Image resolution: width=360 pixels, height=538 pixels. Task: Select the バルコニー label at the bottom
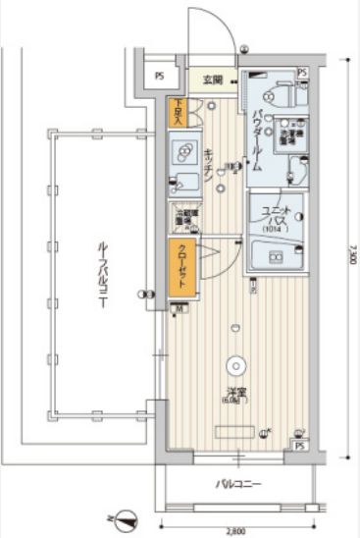pyautogui.click(x=237, y=484)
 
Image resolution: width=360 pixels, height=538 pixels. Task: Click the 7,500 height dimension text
pyautogui.click(x=349, y=261)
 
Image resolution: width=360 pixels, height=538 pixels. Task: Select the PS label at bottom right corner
pyautogui.click(x=300, y=447)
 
